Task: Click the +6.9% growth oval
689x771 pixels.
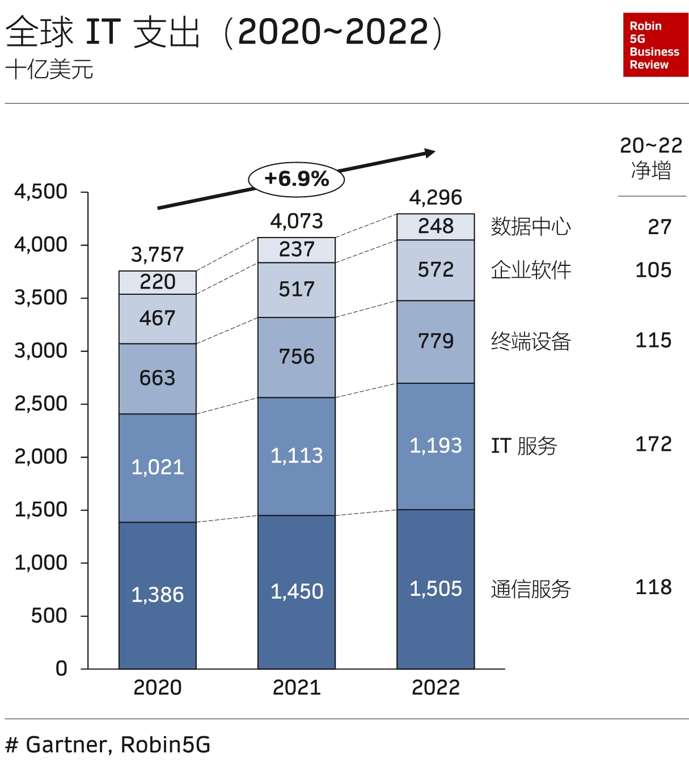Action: (x=297, y=179)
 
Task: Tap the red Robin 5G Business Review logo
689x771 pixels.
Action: (x=655, y=45)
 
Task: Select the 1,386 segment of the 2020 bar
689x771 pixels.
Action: (x=158, y=595)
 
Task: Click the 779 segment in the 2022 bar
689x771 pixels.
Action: (x=436, y=341)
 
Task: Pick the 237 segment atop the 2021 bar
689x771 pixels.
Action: (x=297, y=249)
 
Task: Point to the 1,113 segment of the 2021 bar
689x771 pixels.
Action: (x=297, y=456)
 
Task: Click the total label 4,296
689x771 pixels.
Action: (x=436, y=198)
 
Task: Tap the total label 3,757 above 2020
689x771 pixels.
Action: (x=158, y=255)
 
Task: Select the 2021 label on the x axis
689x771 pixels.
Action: (x=297, y=688)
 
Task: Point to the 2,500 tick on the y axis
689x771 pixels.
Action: (x=41, y=404)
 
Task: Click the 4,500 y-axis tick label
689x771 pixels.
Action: (x=41, y=192)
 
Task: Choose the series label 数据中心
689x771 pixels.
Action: (x=531, y=226)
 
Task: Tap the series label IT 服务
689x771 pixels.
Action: (x=524, y=446)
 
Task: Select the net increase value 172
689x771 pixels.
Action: (x=653, y=444)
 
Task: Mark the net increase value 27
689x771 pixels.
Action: (x=660, y=227)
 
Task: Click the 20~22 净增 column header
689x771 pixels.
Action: (x=651, y=158)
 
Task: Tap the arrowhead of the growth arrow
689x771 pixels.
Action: (x=430, y=153)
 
